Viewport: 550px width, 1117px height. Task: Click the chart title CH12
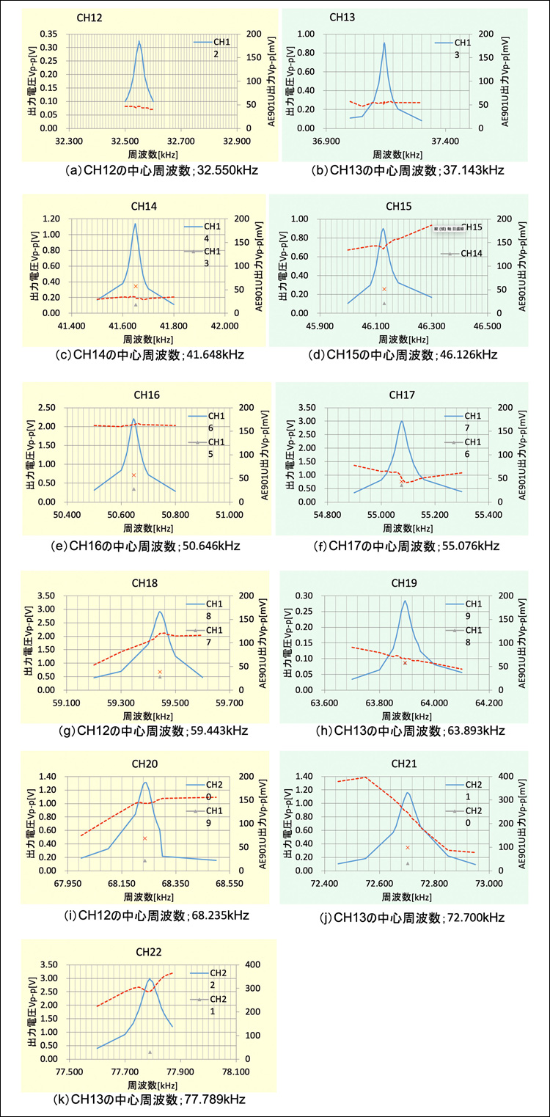click(x=86, y=16)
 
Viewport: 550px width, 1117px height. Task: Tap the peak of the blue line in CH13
click(x=384, y=43)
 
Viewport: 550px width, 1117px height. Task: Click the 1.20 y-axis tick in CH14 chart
click(x=52, y=219)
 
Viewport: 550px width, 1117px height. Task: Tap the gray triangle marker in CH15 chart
click(x=384, y=303)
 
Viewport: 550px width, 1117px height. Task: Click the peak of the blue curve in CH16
click(x=133, y=419)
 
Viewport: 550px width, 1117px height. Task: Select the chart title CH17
click(x=402, y=395)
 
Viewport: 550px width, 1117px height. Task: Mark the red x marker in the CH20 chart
click(x=144, y=838)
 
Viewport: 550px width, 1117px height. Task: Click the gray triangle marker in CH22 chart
click(x=150, y=1052)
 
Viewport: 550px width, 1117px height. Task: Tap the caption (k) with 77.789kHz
click(x=149, y=1099)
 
